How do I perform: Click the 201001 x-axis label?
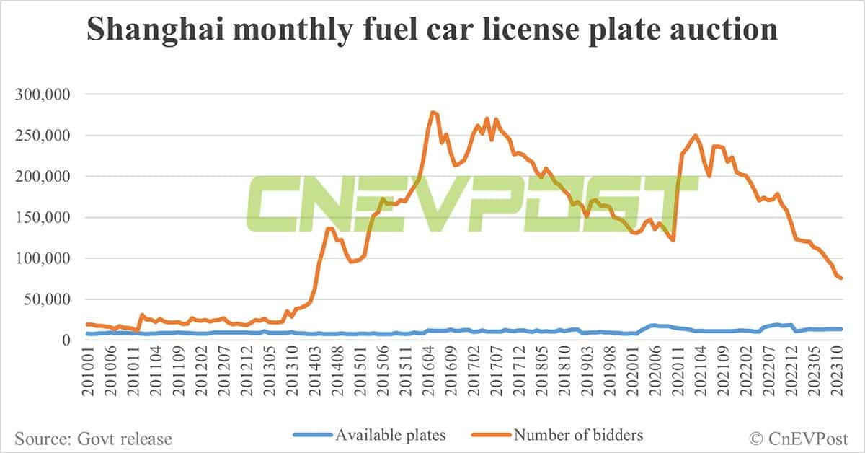pyautogui.click(x=90, y=374)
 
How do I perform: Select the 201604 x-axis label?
pyautogui.click(x=432, y=374)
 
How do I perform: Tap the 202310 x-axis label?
pyautogui.click(x=840, y=374)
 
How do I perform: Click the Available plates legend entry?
pyautogui.click(x=370, y=435)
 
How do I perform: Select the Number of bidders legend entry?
pyautogui.click(x=557, y=435)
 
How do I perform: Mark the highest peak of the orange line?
pyautogui.click(x=431, y=112)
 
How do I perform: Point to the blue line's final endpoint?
pyautogui.click(x=842, y=329)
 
